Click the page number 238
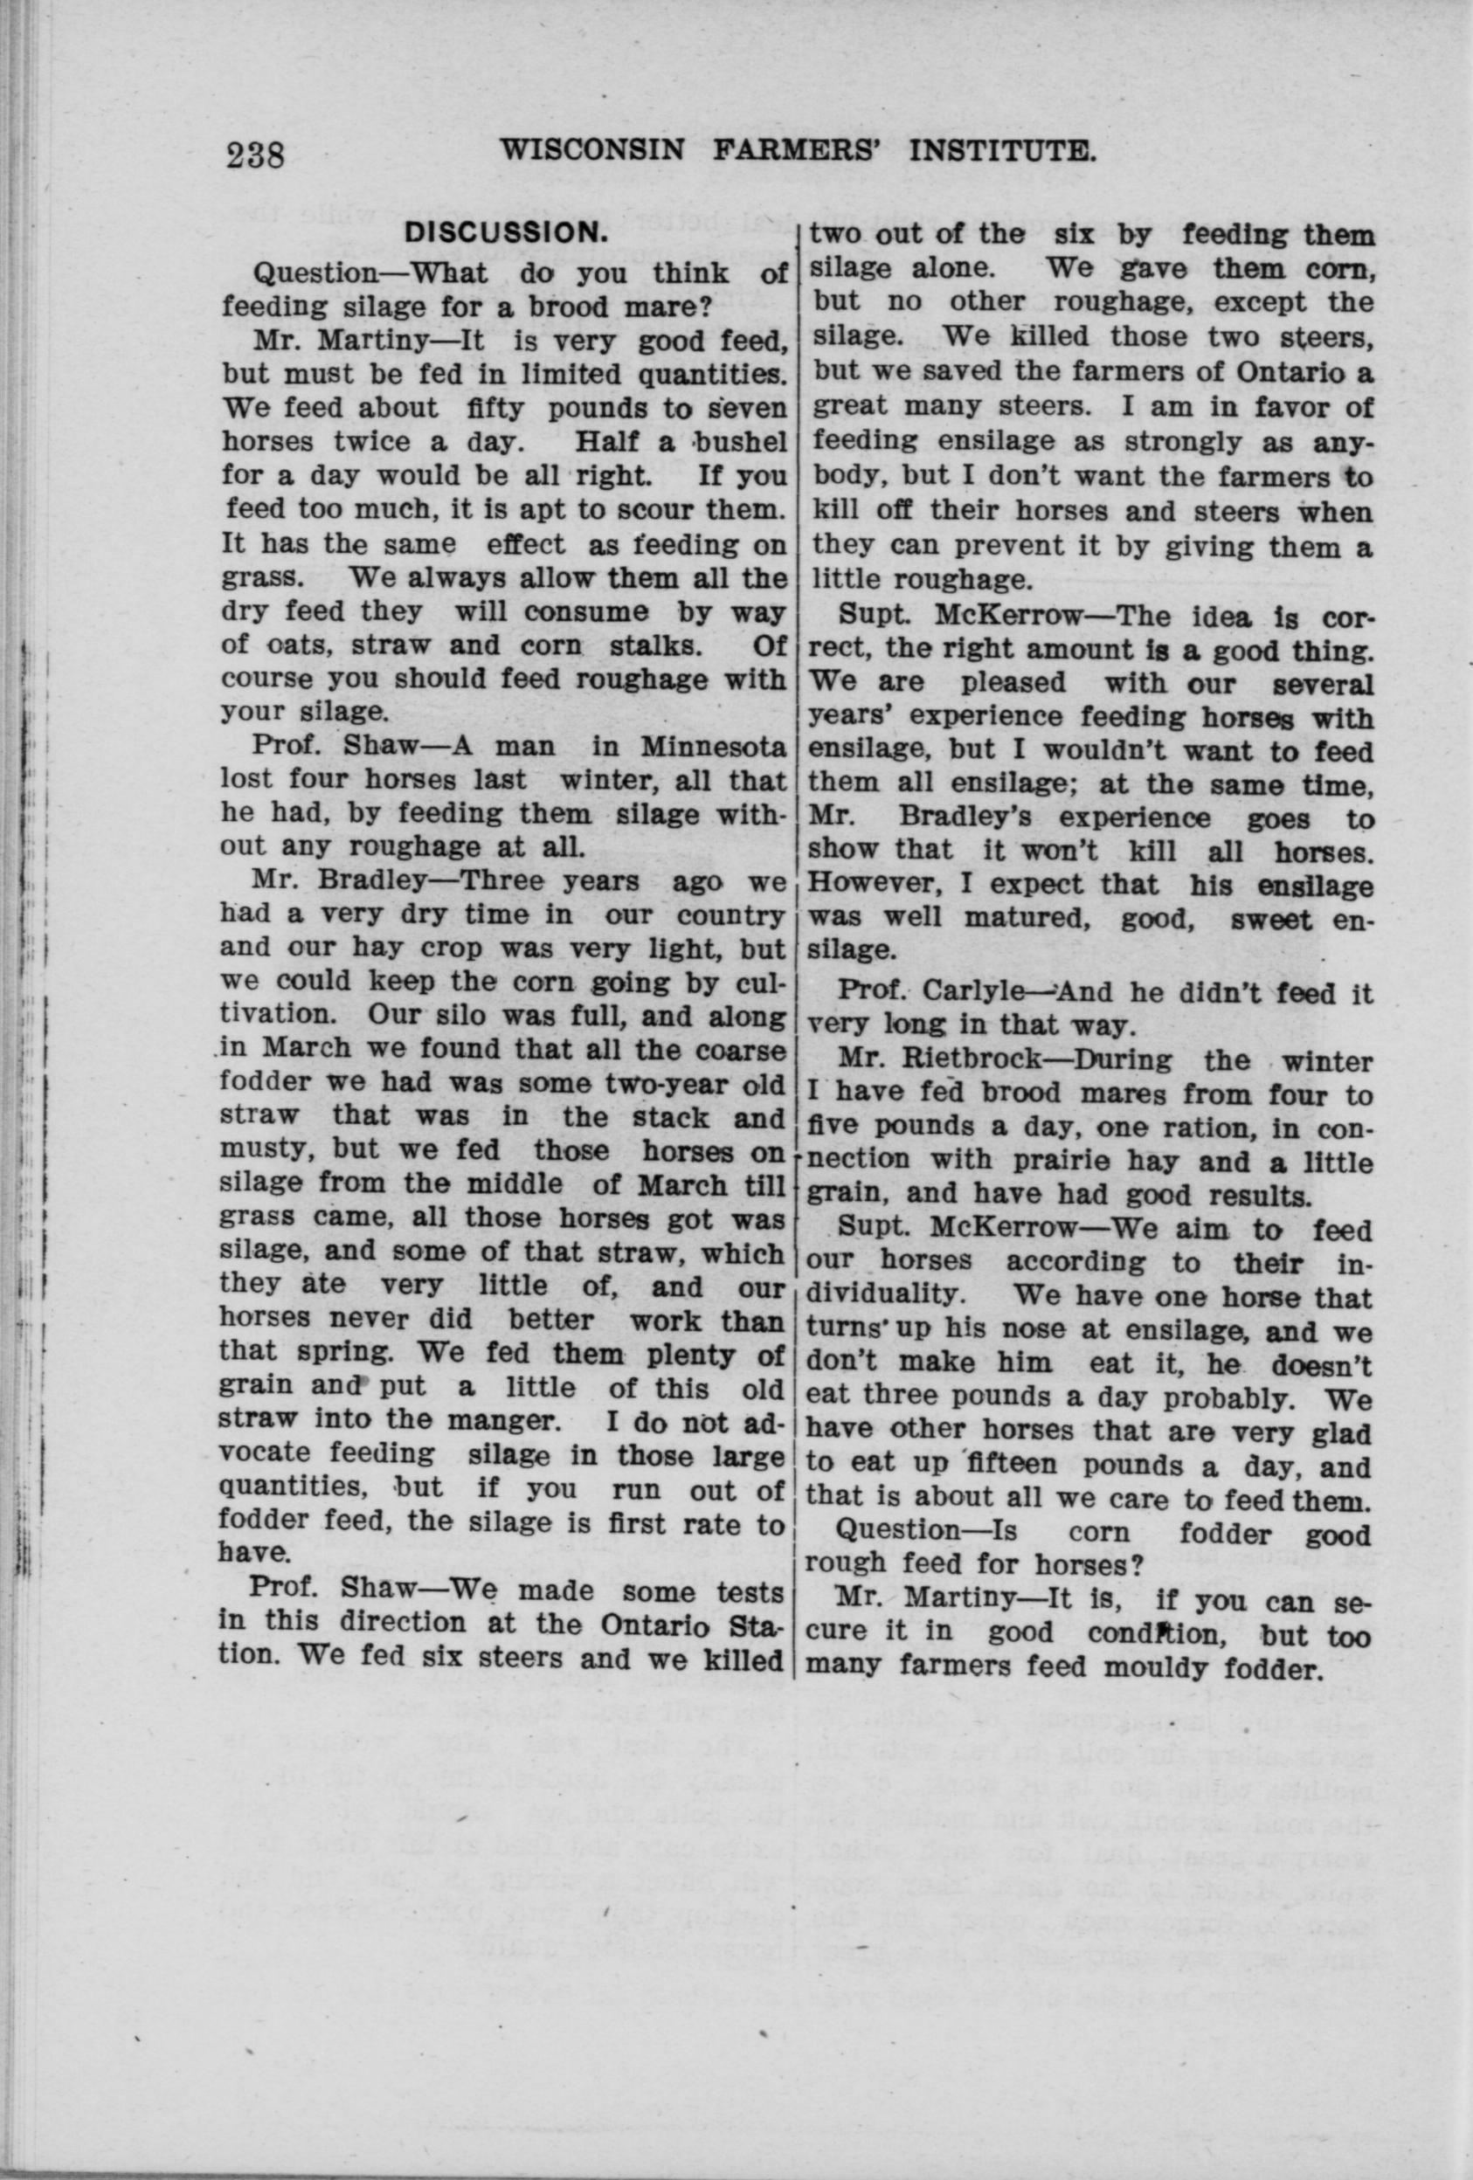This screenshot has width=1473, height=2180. coord(255,153)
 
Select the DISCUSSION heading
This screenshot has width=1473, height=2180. coord(502,236)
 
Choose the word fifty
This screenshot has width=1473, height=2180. coord(495,409)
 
